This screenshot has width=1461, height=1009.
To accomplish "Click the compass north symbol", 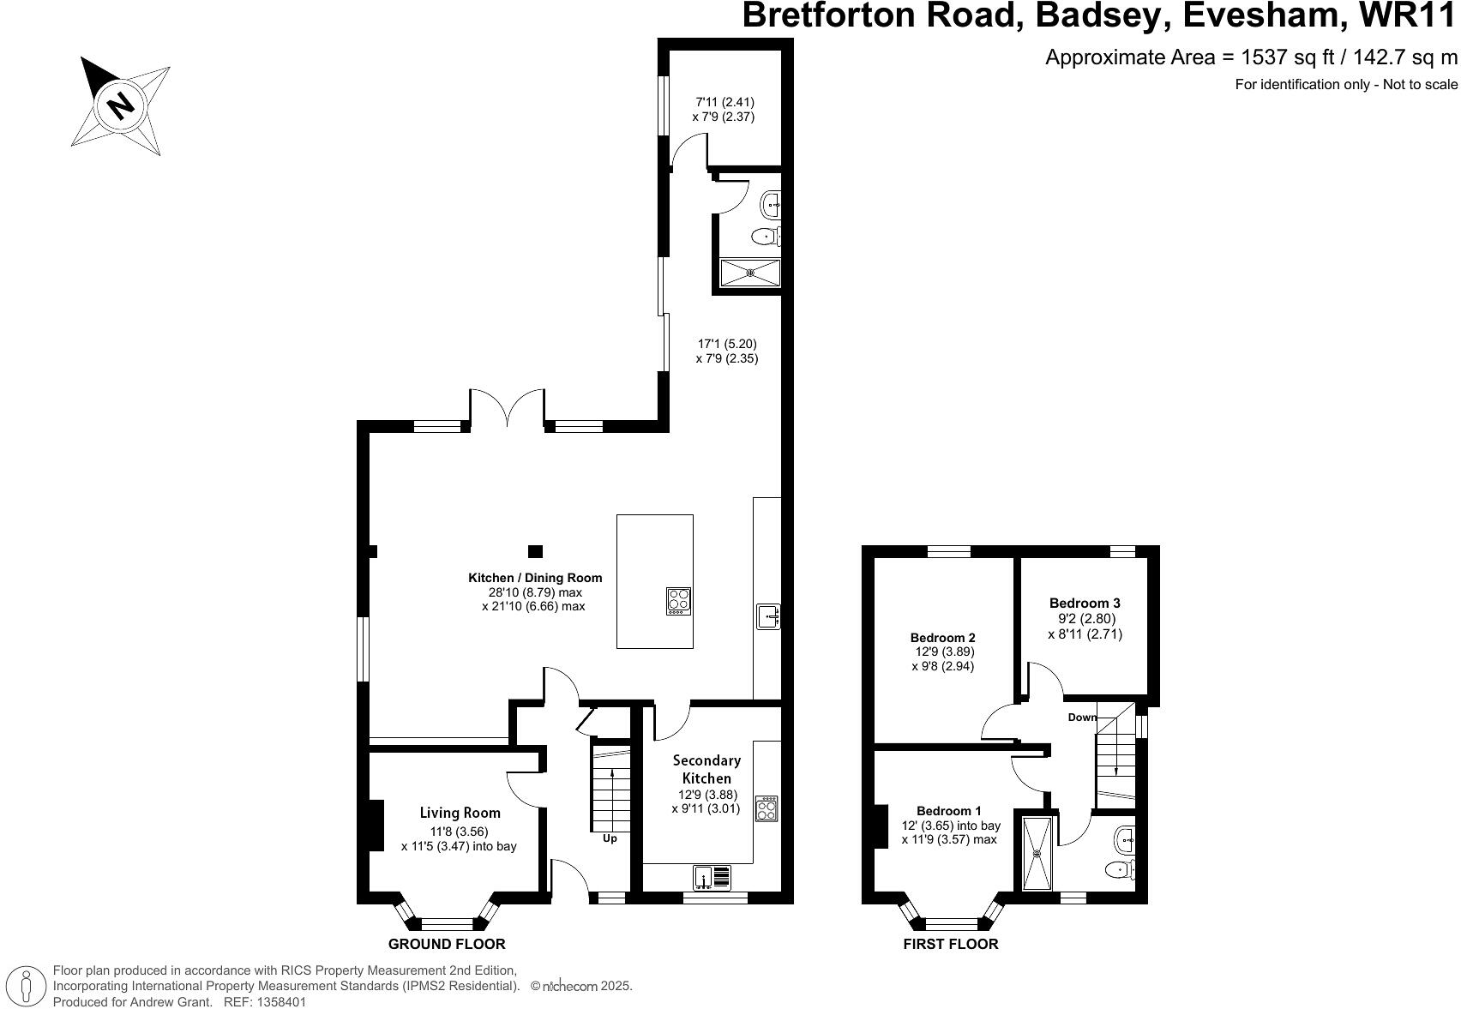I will click(119, 105).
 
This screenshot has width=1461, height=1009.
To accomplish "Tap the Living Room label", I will click(460, 813).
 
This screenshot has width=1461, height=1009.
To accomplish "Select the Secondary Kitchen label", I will click(706, 769).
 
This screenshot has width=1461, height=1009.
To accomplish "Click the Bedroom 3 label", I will click(1085, 603).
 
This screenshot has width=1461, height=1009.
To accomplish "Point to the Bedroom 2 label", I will click(942, 638).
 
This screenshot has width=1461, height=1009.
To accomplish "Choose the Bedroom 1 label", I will click(949, 811).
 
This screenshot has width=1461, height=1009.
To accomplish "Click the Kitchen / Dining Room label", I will click(535, 578).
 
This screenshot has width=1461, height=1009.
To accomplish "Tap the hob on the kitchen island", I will click(678, 600).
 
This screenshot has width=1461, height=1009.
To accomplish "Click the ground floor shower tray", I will click(750, 273).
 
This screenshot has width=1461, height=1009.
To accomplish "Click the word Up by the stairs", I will click(610, 838).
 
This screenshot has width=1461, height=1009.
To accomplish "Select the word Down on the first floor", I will click(1082, 717).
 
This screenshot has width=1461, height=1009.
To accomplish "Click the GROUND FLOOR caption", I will click(447, 944).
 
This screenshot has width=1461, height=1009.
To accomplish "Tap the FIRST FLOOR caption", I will click(951, 944).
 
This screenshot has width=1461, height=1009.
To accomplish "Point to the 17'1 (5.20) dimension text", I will click(726, 344).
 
